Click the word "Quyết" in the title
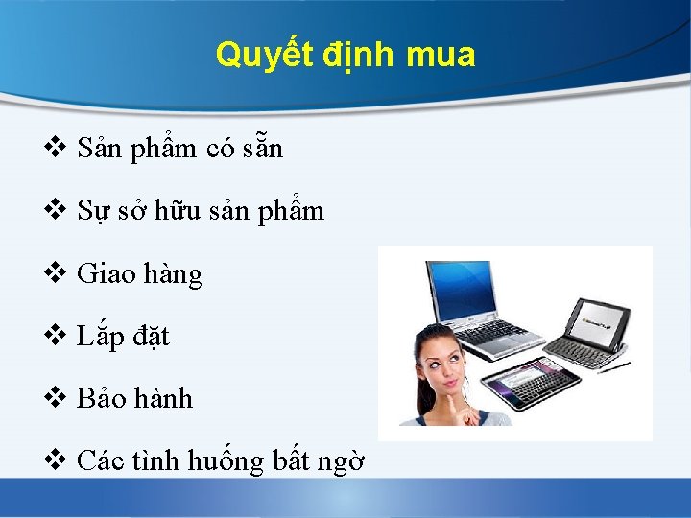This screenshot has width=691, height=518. [x=251, y=56]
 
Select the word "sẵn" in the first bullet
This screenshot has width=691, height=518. [x=264, y=150]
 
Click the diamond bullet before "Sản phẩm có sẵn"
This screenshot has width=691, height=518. [x=56, y=149]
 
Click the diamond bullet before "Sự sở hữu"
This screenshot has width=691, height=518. [x=56, y=211]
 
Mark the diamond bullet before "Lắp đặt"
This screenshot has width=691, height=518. [x=56, y=337]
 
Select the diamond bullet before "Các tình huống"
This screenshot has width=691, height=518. [x=56, y=461]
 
